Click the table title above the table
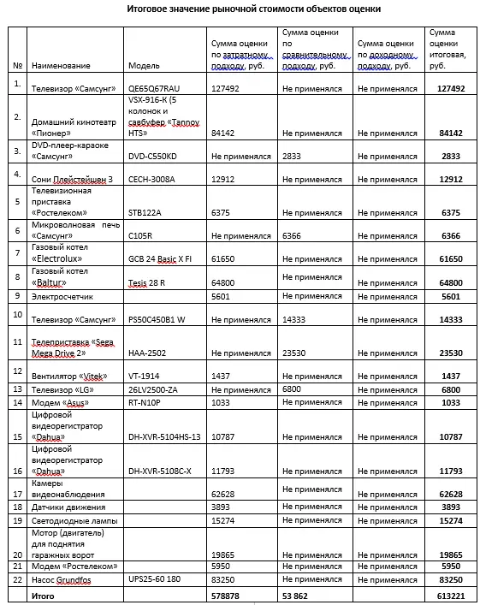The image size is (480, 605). pos(243,9)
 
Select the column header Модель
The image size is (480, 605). pos(143,65)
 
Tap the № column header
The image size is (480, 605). pos(18,65)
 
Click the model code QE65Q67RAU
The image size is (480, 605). pos(155,87)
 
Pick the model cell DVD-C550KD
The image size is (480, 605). pos(152,157)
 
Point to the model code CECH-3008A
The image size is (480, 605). pos(151,179)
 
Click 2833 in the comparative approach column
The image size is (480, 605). pos(290,157)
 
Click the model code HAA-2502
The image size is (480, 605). pos(145,353)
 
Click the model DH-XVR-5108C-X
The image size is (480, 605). pos(160,471)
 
